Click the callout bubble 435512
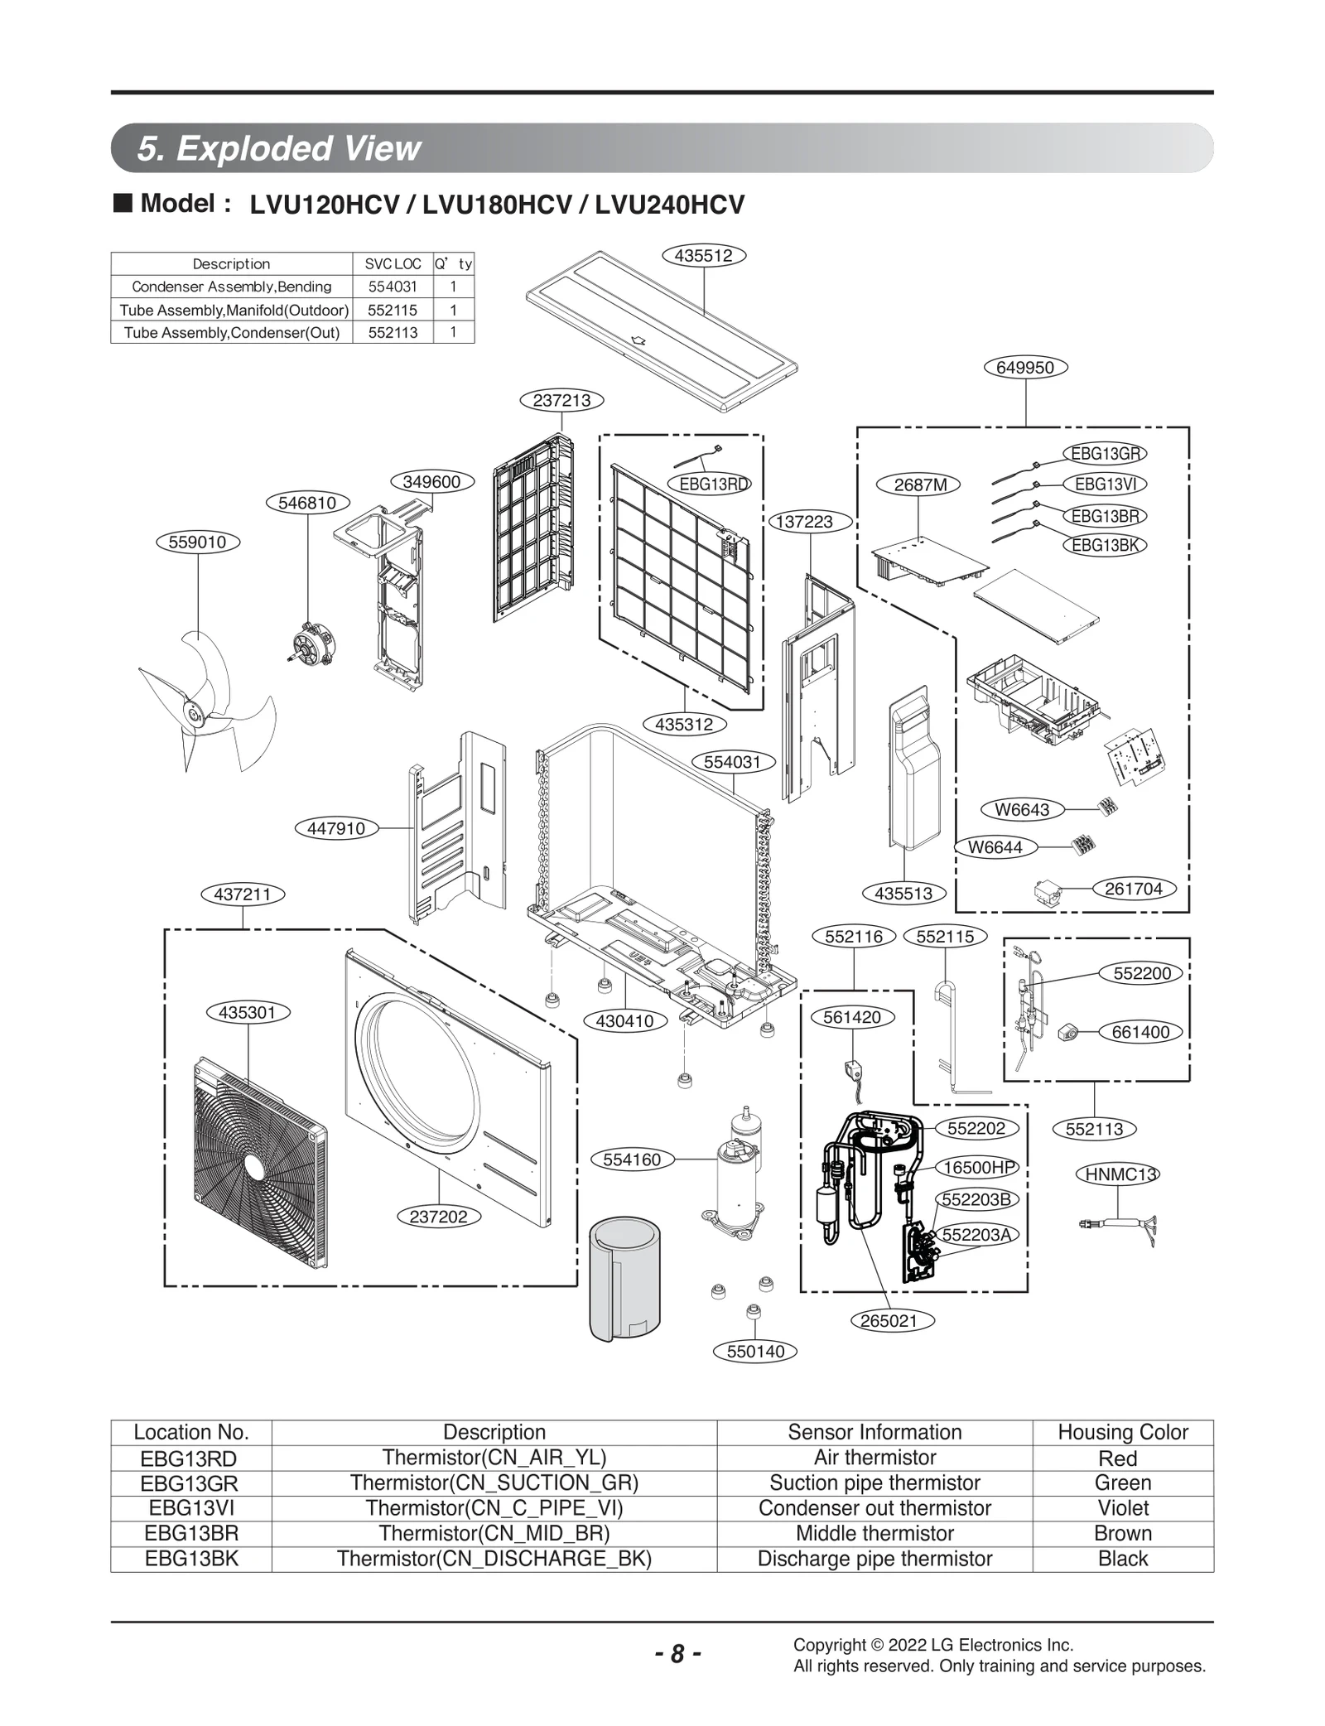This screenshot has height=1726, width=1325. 704,256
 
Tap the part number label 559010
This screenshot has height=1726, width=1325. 198,542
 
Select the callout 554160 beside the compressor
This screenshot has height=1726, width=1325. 632,1160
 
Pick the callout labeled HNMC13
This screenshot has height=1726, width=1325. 1117,1174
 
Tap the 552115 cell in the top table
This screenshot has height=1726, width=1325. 393,310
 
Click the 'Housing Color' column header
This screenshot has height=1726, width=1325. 1122,1432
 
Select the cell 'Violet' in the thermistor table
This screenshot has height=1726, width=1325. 1122,1508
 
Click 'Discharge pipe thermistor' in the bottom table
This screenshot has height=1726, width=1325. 874,1559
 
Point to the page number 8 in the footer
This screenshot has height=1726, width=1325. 677,1654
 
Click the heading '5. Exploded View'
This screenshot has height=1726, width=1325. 279,148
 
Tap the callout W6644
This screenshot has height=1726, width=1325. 995,847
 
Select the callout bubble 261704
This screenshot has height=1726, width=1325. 1134,889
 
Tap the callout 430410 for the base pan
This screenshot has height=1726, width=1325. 624,1021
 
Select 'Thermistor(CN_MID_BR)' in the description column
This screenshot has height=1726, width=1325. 494,1533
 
